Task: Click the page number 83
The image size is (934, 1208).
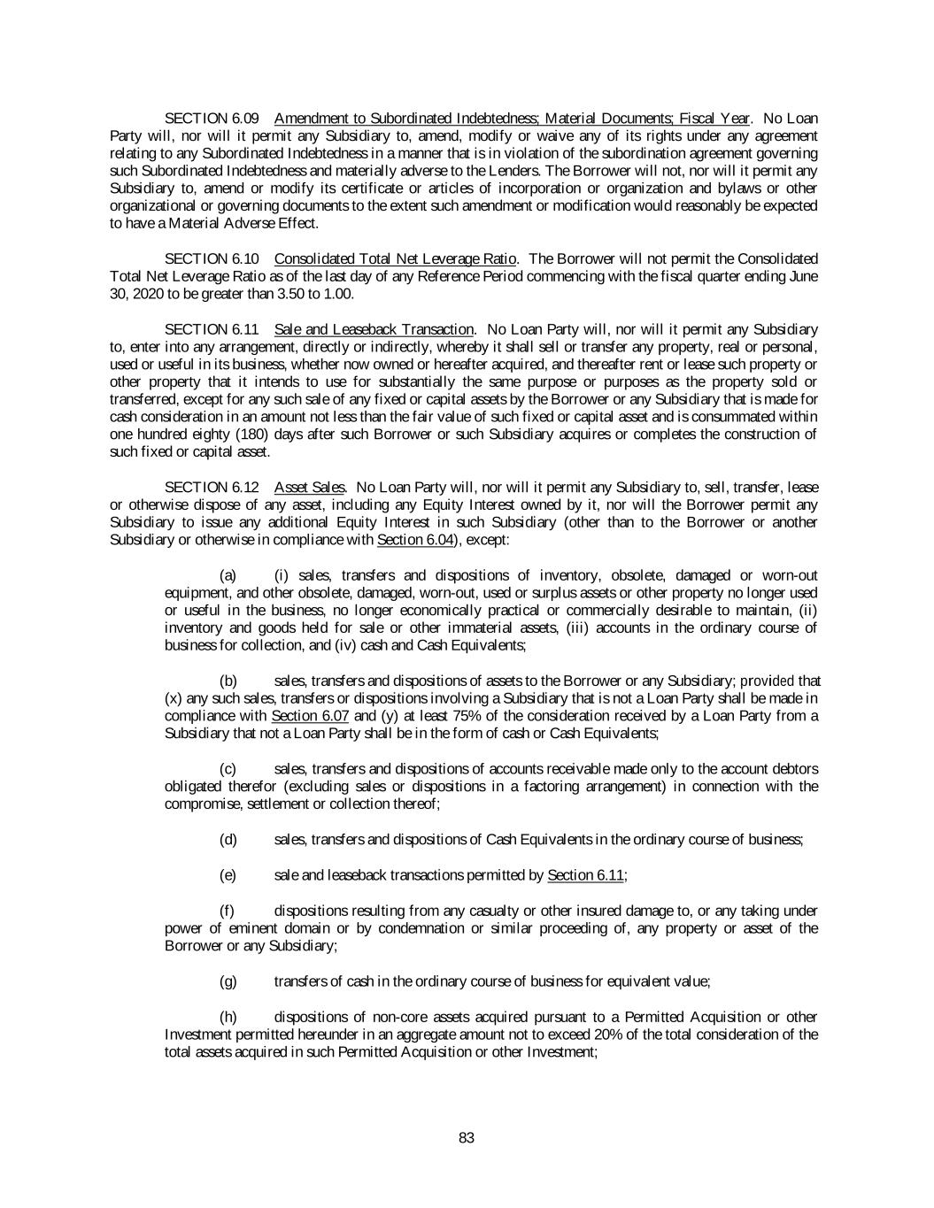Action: click(467, 1138)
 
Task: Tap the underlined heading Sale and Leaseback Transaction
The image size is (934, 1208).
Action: click(374, 329)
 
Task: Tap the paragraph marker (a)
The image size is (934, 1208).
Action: click(228, 575)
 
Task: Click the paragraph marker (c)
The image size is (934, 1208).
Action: click(228, 769)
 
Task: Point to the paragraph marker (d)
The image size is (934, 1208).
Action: click(228, 840)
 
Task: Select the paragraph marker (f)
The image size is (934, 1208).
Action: click(227, 911)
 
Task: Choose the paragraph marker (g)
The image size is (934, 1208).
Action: click(228, 981)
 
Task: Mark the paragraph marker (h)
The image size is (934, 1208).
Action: click(228, 1017)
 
